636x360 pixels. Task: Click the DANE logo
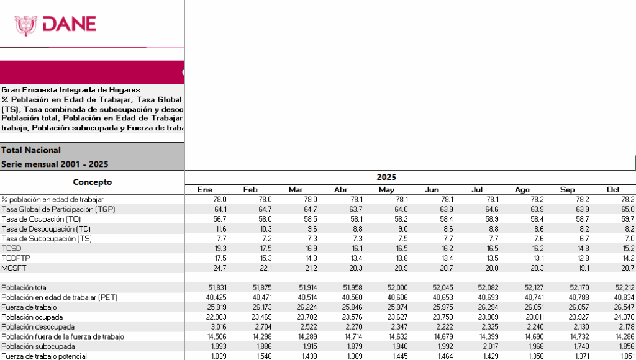[x=56, y=24]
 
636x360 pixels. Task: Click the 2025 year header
[x=386, y=177]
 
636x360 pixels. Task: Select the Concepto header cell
[x=92, y=182]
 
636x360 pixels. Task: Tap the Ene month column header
[x=205, y=189]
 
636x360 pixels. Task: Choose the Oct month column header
[x=612, y=189]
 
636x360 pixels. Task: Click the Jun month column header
[x=432, y=189]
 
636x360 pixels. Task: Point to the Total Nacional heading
[x=31, y=150]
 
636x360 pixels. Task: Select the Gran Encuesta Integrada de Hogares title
[x=70, y=90]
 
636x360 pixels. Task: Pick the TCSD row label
[x=12, y=248]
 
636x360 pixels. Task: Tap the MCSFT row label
[x=14, y=268]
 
